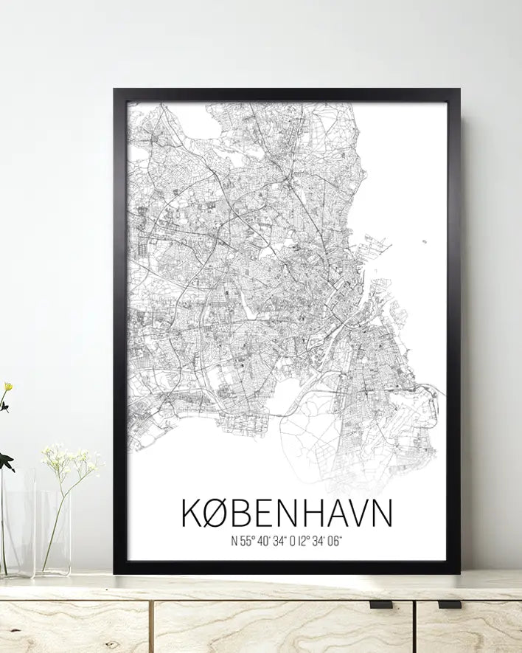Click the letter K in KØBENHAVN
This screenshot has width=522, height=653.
190,514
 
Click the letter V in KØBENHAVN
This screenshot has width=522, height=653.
362,514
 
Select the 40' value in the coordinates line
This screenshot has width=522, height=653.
267,542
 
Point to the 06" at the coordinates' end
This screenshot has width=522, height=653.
335,542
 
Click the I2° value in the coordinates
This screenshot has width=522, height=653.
302,542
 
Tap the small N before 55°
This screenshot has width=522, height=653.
234,542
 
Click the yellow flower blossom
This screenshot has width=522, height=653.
7,387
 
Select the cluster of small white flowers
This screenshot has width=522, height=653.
72,461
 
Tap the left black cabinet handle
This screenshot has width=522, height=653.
380,604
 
